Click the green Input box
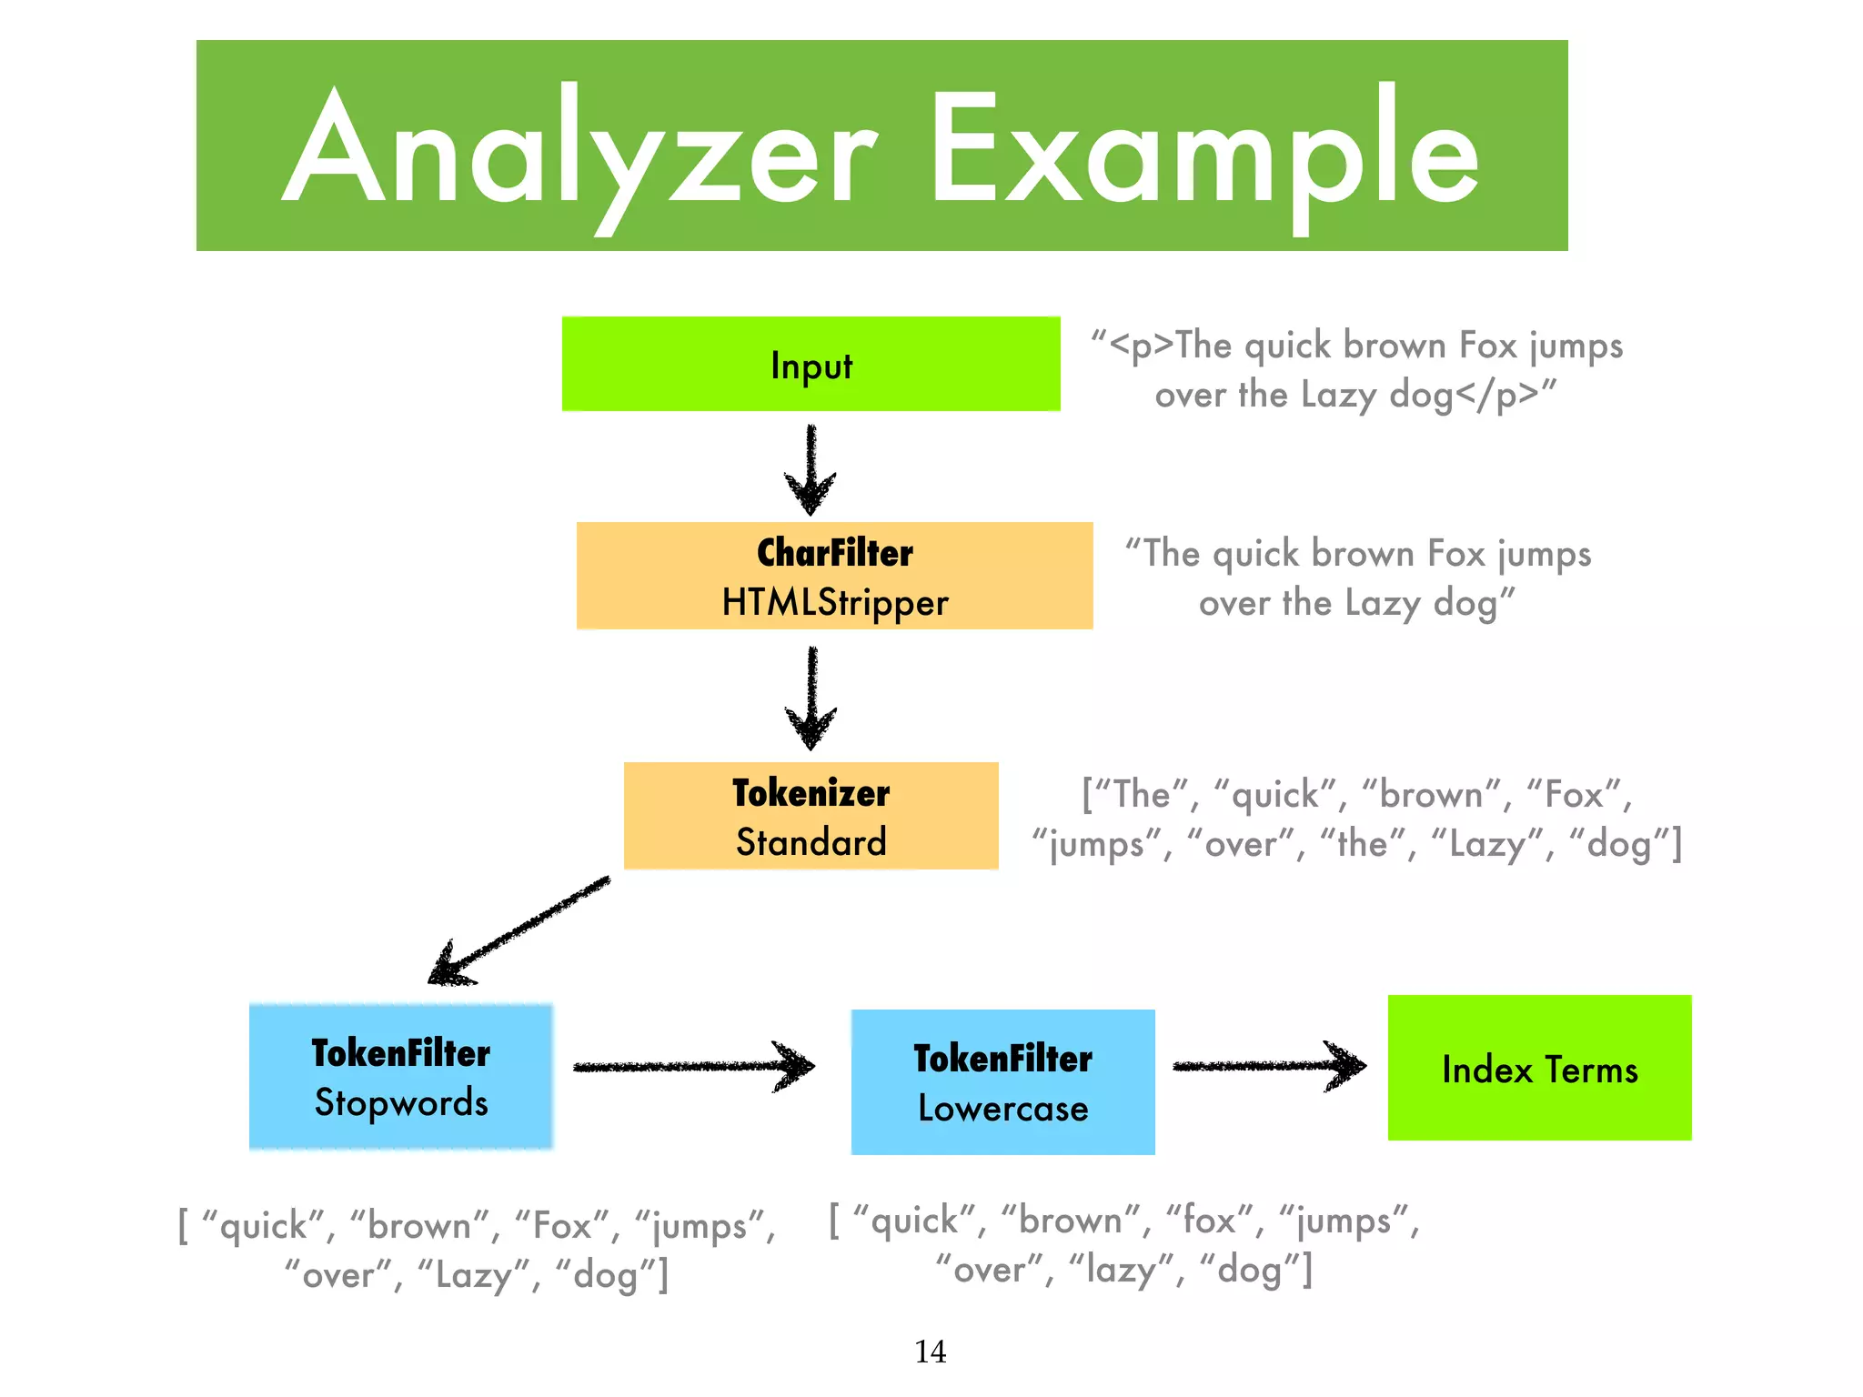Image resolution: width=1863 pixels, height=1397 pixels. point(811,364)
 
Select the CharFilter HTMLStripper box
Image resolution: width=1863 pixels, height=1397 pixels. point(834,576)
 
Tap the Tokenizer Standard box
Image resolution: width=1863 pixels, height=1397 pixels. point(811,816)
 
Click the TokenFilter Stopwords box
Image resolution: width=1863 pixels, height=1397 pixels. point(401,1077)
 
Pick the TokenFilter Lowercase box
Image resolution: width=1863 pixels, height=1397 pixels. point(1002,1082)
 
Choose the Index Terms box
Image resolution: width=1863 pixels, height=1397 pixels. point(1539,1068)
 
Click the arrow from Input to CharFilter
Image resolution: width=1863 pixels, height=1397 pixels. point(811,468)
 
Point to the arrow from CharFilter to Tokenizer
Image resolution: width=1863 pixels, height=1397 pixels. point(811,697)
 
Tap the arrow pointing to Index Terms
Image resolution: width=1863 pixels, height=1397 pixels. point(1269,1065)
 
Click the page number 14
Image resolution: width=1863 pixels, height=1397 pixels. point(930,1352)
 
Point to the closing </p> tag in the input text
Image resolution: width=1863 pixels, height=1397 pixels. point(1497,395)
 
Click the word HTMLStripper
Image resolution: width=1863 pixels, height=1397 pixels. point(834,603)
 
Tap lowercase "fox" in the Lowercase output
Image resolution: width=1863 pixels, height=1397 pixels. point(1209,1221)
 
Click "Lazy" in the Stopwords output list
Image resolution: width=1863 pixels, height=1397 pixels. point(473,1275)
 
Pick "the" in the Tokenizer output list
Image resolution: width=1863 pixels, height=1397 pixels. point(1362,844)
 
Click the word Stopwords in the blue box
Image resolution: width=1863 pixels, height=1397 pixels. point(401,1103)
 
